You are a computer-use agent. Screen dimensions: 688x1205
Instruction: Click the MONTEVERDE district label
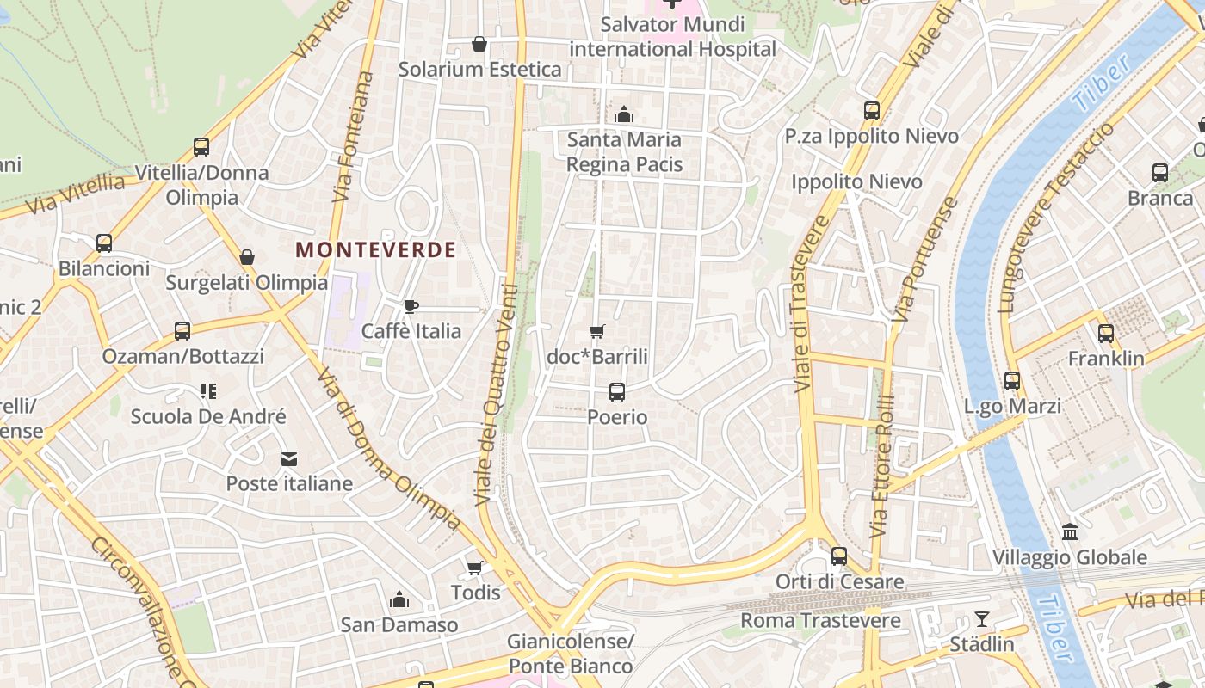(376, 250)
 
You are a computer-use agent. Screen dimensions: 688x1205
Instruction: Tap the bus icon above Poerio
(617, 392)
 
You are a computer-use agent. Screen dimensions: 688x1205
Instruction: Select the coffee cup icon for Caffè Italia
(411, 306)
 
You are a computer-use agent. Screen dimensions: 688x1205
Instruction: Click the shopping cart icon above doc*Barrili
(596, 332)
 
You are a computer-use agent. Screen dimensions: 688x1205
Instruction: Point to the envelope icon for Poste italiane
(288, 459)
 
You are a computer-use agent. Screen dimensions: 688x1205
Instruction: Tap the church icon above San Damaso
(399, 599)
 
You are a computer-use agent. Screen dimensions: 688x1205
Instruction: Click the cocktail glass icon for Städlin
(981, 618)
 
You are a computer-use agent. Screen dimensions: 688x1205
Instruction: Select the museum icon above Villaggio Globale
(1070, 531)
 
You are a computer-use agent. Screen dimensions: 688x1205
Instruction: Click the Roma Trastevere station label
(820, 620)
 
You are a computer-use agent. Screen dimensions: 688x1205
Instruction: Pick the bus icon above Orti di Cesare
(839, 556)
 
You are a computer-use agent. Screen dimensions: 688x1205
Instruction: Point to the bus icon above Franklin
(1106, 333)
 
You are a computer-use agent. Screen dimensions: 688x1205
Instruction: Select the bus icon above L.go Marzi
(1012, 380)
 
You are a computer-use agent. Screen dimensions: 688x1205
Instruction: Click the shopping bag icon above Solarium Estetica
(479, 44)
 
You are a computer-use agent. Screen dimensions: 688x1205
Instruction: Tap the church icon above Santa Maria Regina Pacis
(624, 114)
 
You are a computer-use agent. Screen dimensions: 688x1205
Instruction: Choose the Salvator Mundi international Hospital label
(672, 36)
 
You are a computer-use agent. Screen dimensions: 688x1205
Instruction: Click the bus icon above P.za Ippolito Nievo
(872, 111)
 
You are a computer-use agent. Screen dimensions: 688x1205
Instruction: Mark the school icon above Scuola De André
(207, 391)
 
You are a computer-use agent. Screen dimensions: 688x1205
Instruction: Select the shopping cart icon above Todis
(474, 568)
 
